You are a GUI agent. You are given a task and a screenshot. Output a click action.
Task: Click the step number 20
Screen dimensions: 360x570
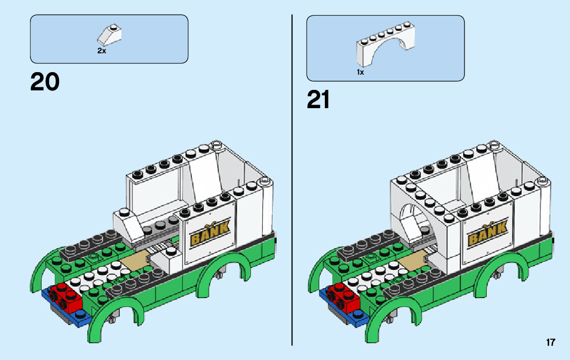click(x=45, y=82)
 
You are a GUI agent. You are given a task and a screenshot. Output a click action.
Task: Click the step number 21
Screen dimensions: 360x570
click(x=318, y=100)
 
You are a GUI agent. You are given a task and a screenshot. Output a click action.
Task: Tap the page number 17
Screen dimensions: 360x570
click(x=550, y=343)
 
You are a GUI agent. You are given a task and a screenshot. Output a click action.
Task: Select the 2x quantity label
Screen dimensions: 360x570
click(x=102, y=51)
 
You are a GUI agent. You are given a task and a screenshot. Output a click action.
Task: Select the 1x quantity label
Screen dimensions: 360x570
click(x=360, y=73)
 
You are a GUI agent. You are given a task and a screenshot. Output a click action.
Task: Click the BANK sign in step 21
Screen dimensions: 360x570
click(x=487, y=233)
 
